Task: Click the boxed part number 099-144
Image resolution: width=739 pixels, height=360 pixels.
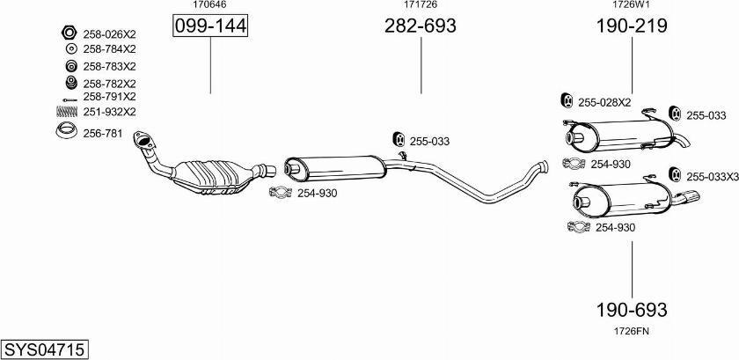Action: [210, 26]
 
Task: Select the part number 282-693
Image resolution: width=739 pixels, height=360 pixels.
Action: [421, 26]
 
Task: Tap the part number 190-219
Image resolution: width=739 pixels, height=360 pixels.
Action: [632, 26]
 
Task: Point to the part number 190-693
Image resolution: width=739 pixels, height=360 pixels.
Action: [632, 310]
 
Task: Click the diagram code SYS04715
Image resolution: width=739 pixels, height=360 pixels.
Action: [44, 349]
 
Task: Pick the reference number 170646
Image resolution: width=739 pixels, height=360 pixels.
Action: [209, 5]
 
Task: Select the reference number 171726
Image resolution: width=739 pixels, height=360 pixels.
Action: [421, 5]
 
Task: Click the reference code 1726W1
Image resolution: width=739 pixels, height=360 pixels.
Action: [632, 5]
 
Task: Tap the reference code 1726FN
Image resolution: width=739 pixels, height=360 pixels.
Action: [632, 331]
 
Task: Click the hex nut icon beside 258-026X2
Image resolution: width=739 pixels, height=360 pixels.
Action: [69, 33]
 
